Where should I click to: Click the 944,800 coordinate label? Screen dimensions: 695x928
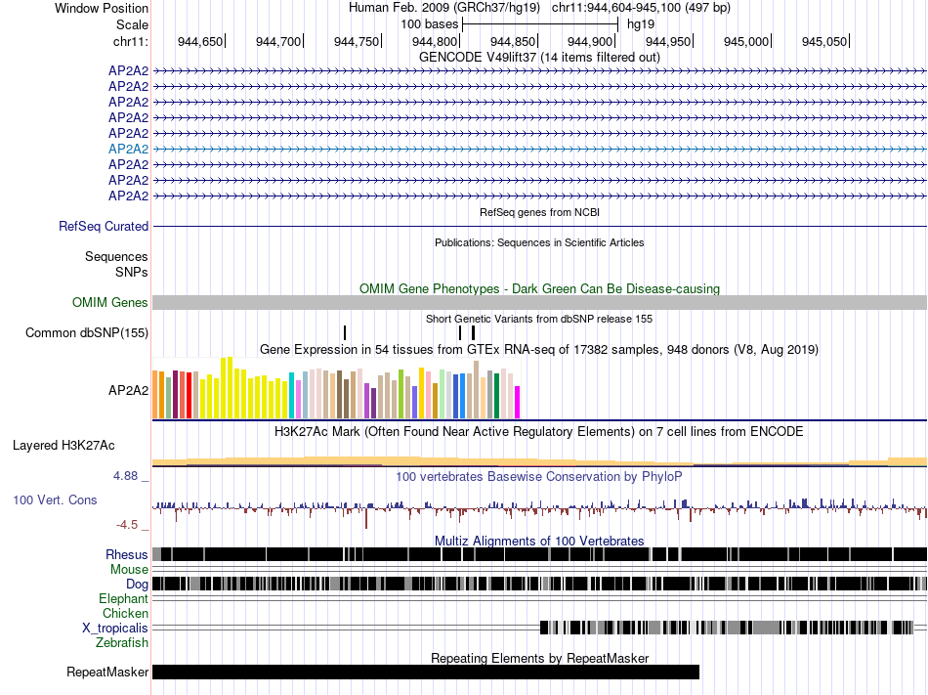click(435, 41)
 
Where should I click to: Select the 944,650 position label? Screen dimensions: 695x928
click(200, 41)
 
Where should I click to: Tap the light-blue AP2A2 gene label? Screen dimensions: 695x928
click(128, 149)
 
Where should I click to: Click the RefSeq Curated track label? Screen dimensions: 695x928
click(104, 227)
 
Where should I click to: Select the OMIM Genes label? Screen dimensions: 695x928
click(110, 303)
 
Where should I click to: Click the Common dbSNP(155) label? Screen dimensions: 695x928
click(87, 333)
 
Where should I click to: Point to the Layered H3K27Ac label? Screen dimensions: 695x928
click(63, 446)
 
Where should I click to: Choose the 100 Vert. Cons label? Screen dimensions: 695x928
click(55, 500)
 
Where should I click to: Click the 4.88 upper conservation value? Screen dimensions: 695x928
click(127, 477)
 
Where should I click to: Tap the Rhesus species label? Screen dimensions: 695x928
click(127, 554)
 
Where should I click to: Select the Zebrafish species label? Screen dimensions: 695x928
click(122, 642)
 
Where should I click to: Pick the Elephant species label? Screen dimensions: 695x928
click(123, 598)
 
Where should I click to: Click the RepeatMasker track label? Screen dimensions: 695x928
click(107, 673)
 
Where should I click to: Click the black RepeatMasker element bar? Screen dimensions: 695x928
click(426, 673)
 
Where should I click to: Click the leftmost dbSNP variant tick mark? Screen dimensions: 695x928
click(345, 333)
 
